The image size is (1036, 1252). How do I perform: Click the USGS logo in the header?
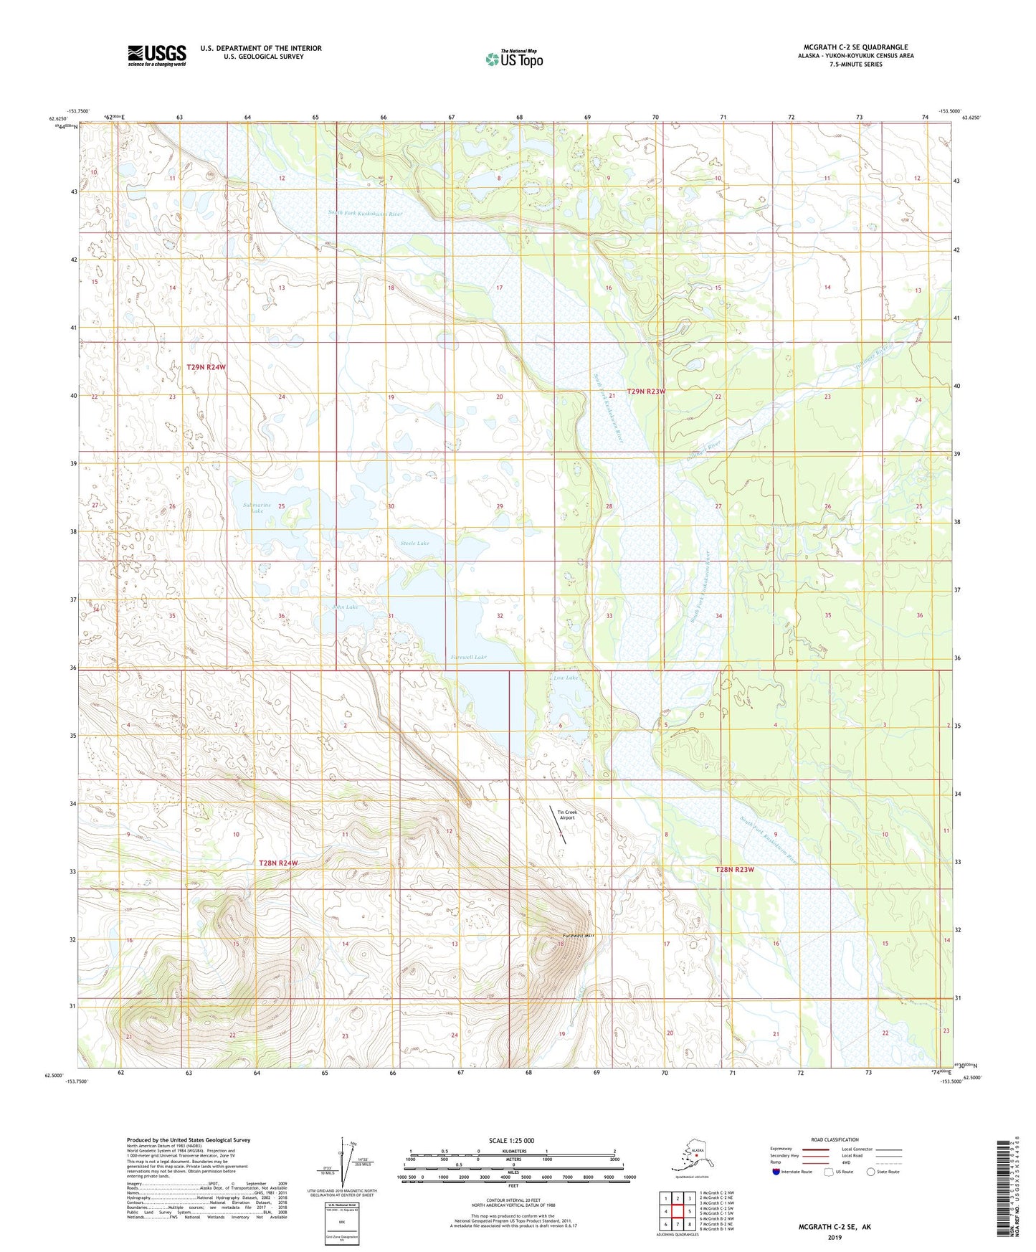[x=156, y=55]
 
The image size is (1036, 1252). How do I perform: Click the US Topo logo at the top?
[x=513, y=59]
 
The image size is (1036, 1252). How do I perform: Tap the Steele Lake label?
[x=414, y=543]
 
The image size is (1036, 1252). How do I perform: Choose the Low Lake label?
[x=565, y=677]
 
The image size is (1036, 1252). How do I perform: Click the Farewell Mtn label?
[x=579, y=936]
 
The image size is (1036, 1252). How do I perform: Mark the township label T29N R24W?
[x=206, y=367]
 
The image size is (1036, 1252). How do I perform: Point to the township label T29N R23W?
[x=646, y=392]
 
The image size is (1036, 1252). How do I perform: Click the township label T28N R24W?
[x=277, y=863]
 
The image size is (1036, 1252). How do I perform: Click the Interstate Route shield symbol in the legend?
[x=777, y=1172]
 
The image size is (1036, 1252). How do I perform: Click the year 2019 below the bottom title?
[x=835, y=1237]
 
